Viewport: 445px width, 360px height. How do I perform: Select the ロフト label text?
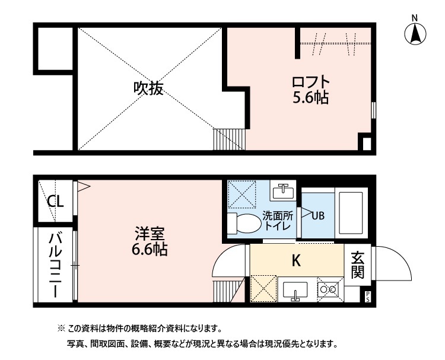coord(310,81)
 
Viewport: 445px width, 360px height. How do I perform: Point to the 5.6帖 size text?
coord(310,97)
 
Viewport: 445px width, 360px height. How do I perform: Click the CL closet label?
coord(55,202)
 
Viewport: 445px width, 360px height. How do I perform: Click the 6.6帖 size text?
coord(149,250)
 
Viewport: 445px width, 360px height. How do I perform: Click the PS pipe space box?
coord(367,297)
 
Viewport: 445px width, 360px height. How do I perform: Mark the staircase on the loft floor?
coord(228,140)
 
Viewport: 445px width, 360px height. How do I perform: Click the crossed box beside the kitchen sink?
coord(263,289)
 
